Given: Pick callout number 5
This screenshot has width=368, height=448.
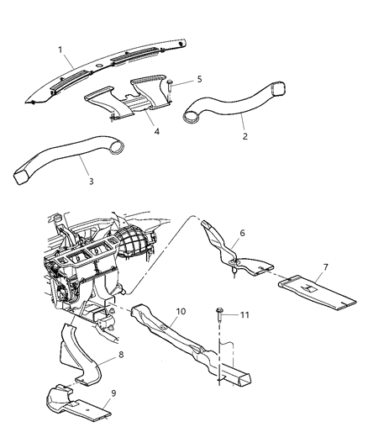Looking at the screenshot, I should [x=199, y=79].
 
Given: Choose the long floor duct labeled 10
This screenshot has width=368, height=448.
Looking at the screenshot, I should [x=193, y=340].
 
